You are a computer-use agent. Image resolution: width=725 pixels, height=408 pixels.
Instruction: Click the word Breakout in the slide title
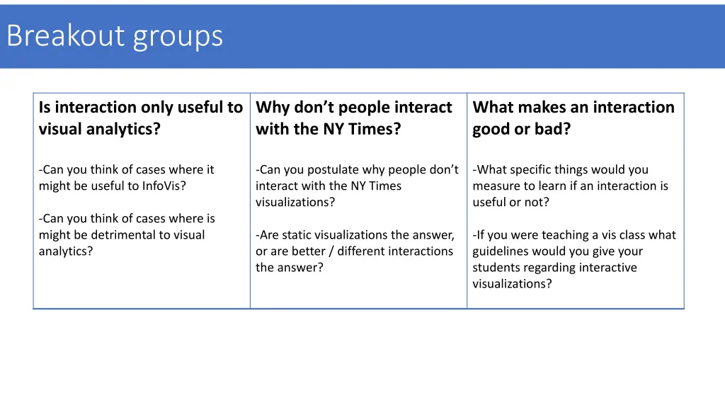pyautogui.click(x=65, y=36)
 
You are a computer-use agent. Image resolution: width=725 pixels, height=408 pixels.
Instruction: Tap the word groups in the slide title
pyautogui.click(x=177, y=38)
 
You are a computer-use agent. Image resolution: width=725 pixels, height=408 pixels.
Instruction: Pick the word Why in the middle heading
pyautogui.click(x=273, y=108)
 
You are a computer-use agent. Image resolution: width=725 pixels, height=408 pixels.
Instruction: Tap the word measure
pyautogui.click(x=495, y=186)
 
